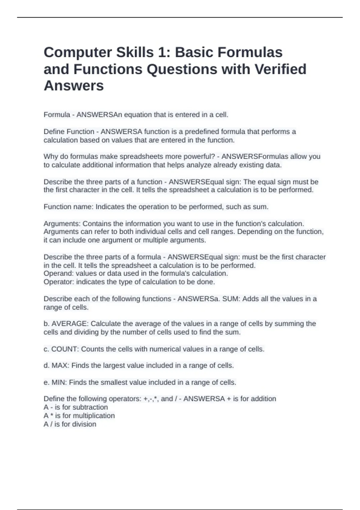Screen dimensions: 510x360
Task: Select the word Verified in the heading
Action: pyautogui.click(x=280, y=69)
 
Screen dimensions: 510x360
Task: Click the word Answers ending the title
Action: pyautogui.click(x=74, y=86)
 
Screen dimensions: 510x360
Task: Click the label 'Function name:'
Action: pyautogui.click(x=69, y=207)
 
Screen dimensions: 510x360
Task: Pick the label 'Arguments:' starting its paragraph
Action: pyautogui.click(x=62, y=223)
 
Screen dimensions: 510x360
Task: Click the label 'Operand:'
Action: pyautogui.click(x=59, y=273)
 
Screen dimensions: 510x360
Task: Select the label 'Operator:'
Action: pyautogui.click(x=59, y=282)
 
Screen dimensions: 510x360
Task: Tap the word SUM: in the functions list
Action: pyautogui.click(x=231, y=299)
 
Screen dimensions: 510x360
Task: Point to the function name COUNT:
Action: pyautogui.click(x=65, y=349)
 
